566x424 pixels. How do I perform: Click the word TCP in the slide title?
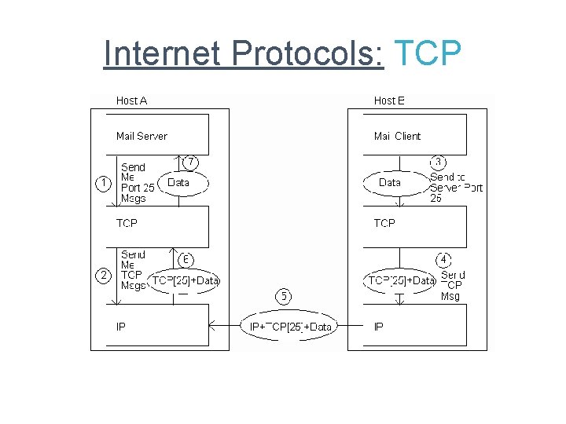click(x=427, y=53)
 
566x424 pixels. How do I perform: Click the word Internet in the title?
click(x=164, y=53)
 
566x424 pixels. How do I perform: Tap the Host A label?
click(x=131, y=101)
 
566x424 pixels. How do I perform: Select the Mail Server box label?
click(x=141, y=136)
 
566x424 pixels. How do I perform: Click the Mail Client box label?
click(x=397, y=136)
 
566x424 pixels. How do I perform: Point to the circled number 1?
click(x=102, y=183)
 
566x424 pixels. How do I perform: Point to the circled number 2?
click(x=102, y=275)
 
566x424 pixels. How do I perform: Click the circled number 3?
click(x=439, y=162)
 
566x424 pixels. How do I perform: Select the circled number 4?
click(x=444, y=258)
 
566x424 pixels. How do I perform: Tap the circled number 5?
click(x=283, y=296)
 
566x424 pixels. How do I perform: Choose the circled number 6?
click(x=187, y=258)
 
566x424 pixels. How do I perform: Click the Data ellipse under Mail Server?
click(x=178, y=183)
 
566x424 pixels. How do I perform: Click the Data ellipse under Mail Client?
click(x=390, y=183)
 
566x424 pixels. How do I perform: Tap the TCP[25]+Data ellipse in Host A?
click(x=186, y=280)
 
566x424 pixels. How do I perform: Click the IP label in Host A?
click(x=121, y=327)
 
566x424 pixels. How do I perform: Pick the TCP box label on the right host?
click(x=384, y=223)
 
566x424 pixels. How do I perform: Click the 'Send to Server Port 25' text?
click(x=455, y=188)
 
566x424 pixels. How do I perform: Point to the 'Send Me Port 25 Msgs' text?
click(x=137, y=183)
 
